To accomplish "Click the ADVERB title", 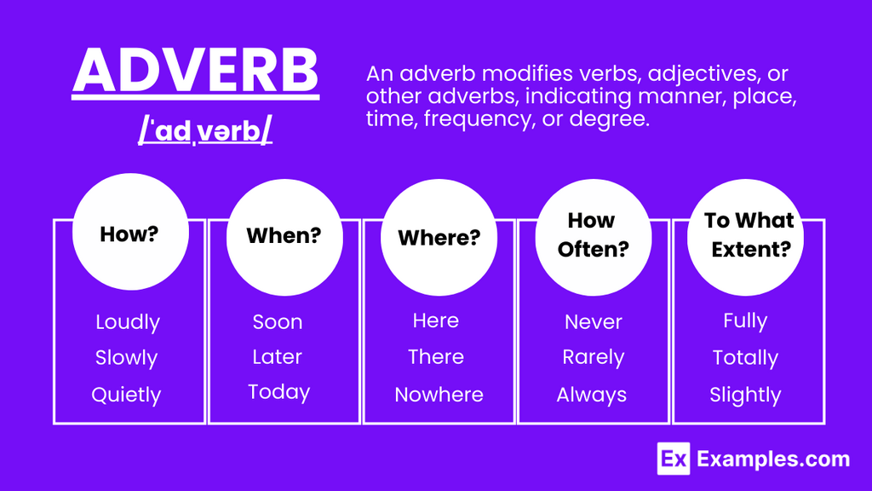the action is [x=195, y=71].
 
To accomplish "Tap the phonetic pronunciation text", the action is [x=205, y=131].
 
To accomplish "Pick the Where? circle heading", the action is [x=439, y=237].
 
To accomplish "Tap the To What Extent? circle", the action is [x=745, y=237].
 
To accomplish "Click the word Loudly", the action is [x=128, y=322].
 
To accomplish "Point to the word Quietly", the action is [x=126, y=395].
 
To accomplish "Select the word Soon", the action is [x=278, y=321].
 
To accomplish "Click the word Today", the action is [x=279, y=392].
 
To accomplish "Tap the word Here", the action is [x=436, y=321].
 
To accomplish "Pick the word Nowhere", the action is [x=439, y=395].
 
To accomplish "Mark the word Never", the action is [x=594, y=321].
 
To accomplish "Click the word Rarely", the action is [x=594, y=357].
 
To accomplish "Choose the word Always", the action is [x=592, y=395].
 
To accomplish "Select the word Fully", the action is [x=745, y=321].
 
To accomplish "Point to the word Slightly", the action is [x=745, y=395].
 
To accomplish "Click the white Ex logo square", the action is [x=674, y=459].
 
